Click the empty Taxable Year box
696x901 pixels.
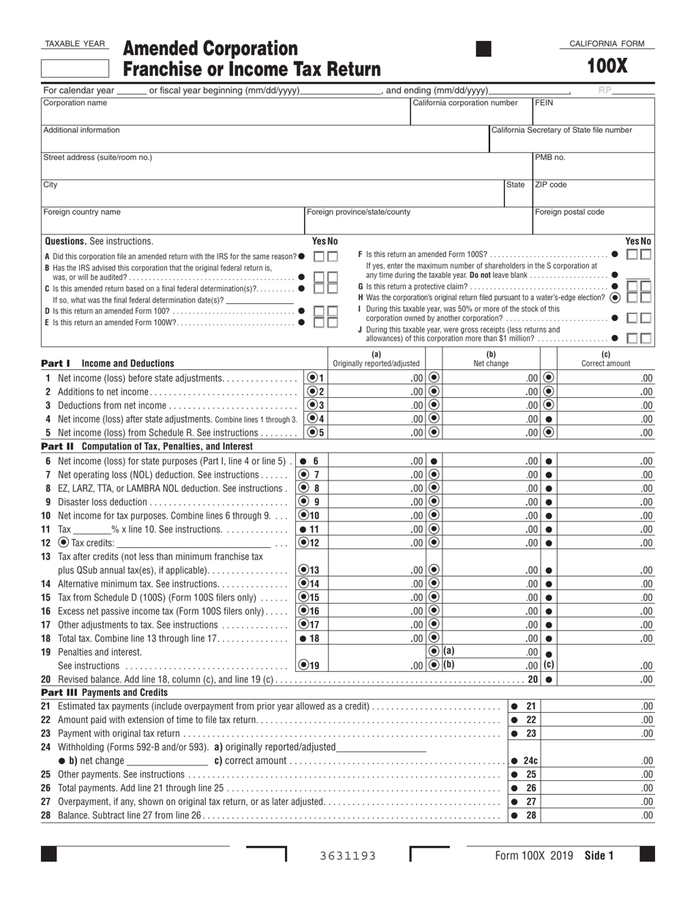[x=74, y=68]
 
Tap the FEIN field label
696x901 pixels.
[x=544, y=103]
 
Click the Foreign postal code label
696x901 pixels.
[x=570, y=212]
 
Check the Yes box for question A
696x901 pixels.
[x=319, y=256]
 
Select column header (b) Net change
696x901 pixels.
[x=491, y=359]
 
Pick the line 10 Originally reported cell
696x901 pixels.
[x=375, y=516]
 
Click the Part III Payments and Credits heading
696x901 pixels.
[x=104, y=692]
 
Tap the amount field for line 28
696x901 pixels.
[x=596, y=815]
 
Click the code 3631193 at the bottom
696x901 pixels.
[x=348, y=856]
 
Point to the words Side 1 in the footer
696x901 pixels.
[x=599, y=855]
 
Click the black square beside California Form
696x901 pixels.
[x=484, y=49]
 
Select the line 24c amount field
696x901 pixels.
[x=596, y=761]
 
